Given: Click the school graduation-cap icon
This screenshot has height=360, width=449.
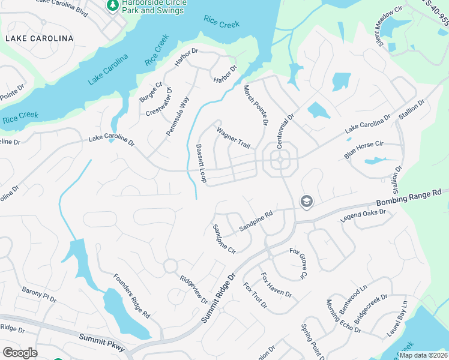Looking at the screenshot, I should pyautogui.click(x=306, y=202).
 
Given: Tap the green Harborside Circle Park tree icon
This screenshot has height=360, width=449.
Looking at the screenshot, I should pyautogui.click(x=112, y=5).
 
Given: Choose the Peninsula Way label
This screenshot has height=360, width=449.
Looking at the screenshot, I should pyautogui.click(x=178, y=115).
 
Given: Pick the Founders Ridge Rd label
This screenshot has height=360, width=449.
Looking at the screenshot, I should pyautogui.click(x=131, y=296).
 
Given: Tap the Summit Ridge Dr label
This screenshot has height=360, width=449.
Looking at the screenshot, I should pyautogui.click(x=219, y=295).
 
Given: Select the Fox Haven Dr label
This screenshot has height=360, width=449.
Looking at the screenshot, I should pyautogui.click(x=276, y=286).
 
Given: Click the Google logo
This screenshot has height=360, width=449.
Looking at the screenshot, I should pyautogui.click(x=20, y=353).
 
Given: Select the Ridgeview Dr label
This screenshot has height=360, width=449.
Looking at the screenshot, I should pyautogui.click(x=193, y=289).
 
